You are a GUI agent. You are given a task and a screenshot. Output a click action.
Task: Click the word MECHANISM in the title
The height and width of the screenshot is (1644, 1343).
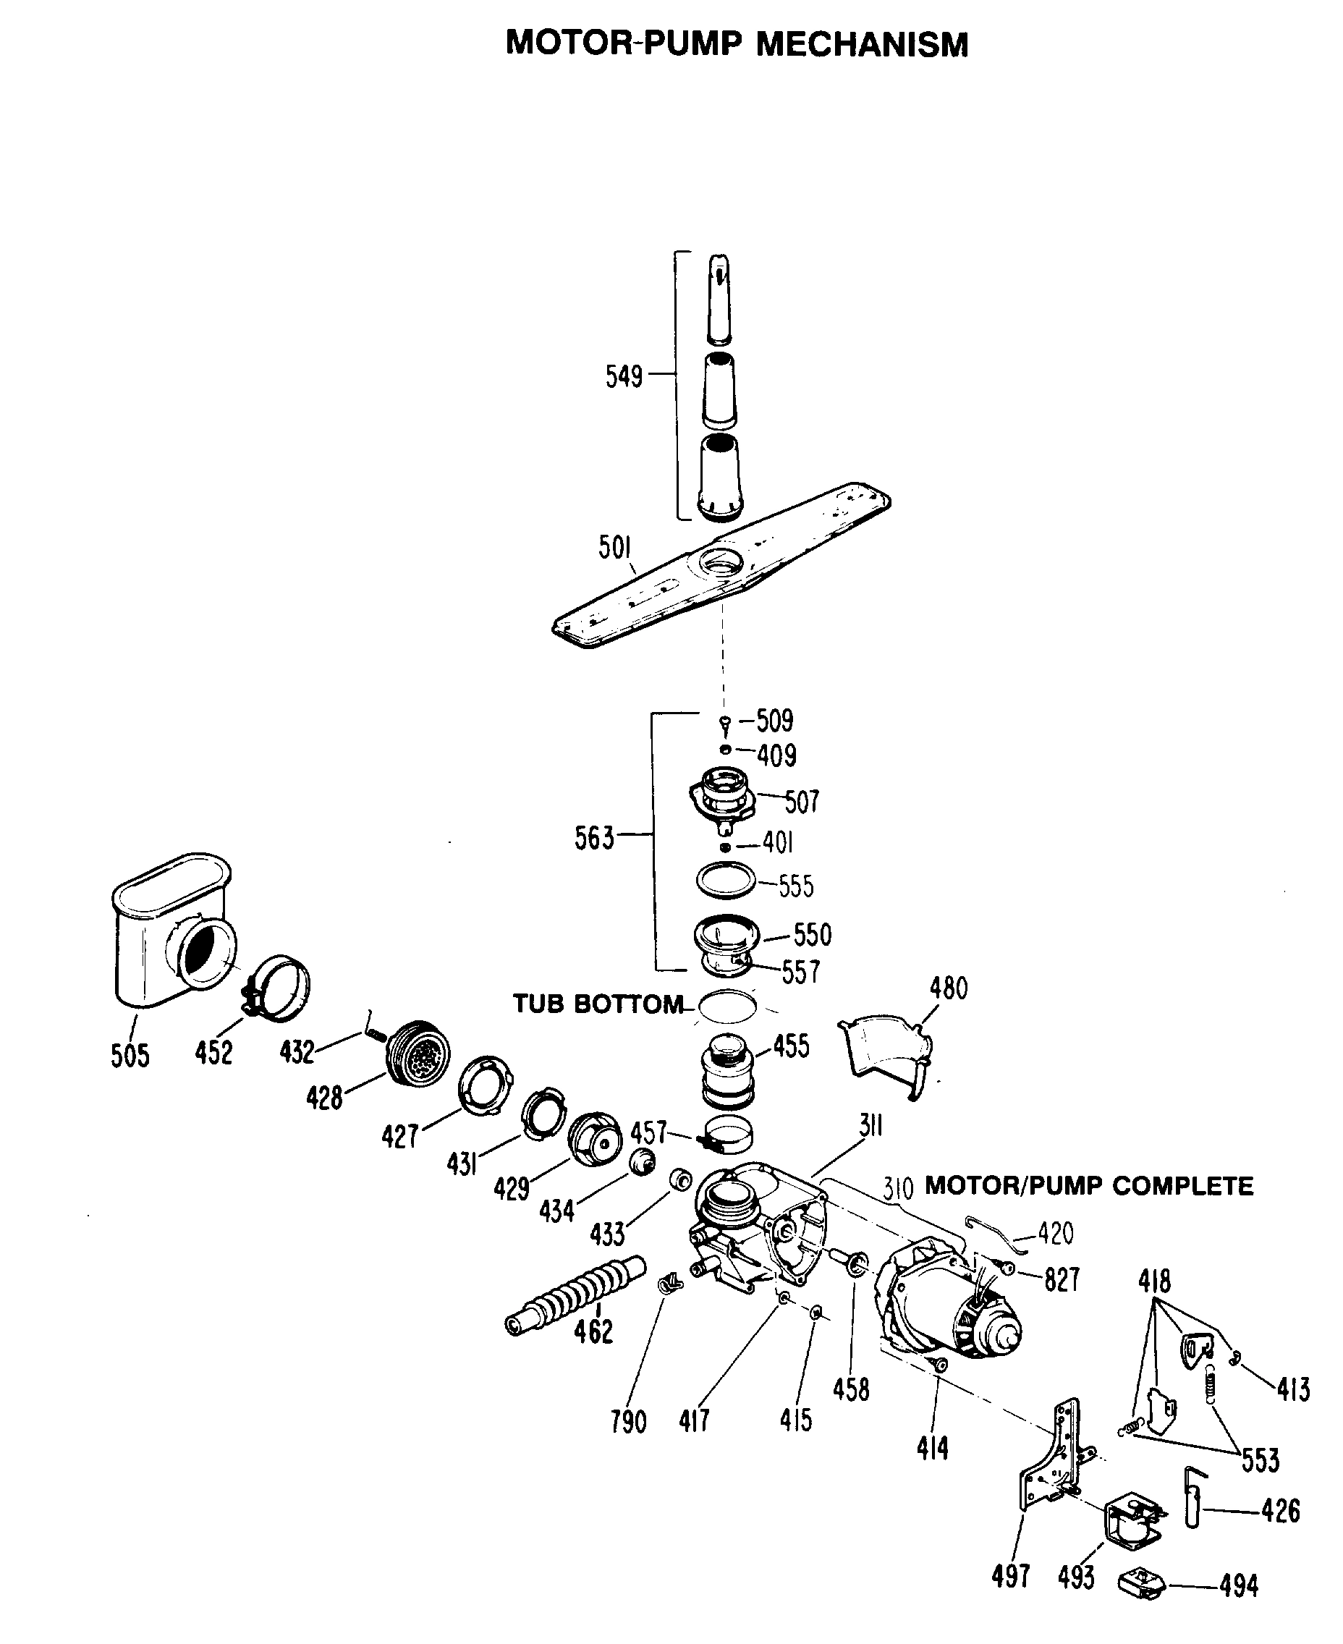tap(861, 45)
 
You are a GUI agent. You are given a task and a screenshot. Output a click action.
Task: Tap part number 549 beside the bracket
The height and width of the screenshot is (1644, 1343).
tap(624, 377)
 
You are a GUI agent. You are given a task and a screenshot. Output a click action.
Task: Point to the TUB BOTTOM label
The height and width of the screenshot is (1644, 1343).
tap(598, 1004)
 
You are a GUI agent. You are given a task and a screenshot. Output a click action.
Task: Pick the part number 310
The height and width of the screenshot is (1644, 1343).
tap(898, 1187)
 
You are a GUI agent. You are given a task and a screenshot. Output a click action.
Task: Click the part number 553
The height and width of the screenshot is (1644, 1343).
tap(1261, 1461)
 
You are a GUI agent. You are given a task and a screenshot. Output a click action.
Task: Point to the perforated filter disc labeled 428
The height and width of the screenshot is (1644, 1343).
tap(418, 1052)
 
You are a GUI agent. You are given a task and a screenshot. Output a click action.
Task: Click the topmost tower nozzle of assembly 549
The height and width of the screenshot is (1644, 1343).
tap(719, 298)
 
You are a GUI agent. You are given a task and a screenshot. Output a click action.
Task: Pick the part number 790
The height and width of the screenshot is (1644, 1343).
tap(627, 1421)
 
